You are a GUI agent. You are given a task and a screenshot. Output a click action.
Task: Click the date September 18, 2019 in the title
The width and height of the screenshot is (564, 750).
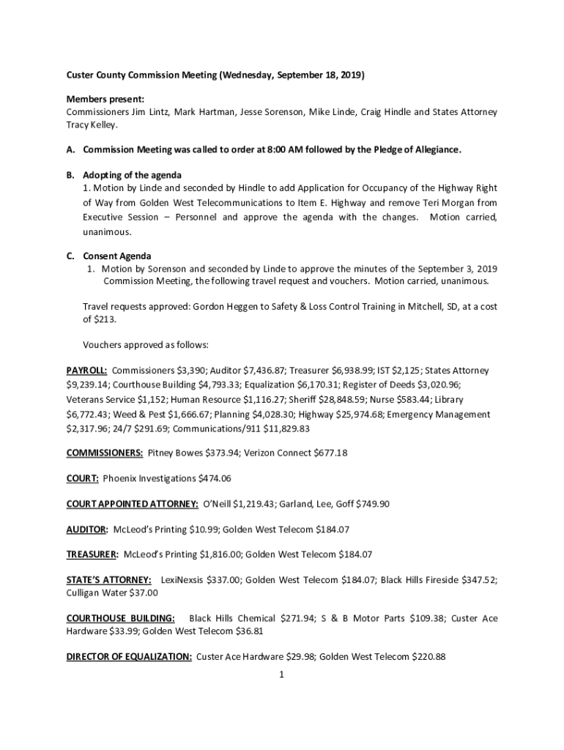(x=319, y=75)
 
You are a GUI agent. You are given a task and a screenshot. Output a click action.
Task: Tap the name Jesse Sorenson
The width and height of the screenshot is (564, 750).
(x=272, y=112)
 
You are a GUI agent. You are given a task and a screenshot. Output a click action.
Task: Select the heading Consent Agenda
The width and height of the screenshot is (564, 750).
(x=117, y=256)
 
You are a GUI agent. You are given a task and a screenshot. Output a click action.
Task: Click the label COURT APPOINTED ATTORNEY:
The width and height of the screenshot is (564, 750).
(x=132, y=504)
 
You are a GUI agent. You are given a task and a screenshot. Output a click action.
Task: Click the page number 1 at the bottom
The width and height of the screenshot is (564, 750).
(x=281, y=675)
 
